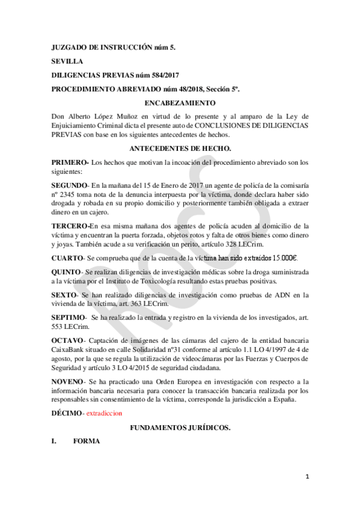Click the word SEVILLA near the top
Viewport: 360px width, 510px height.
pos(67,61)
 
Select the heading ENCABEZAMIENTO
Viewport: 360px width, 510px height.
pos(180,103)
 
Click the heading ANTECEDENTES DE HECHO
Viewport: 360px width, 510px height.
pos(180,148)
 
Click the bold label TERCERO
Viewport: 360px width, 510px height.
pos(70,226)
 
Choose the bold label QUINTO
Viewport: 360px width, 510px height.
pos(67,272)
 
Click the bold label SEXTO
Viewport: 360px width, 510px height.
pos(64,295)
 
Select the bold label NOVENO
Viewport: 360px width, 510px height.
pos(68,381)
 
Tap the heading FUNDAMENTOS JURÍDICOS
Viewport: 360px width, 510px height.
pos(180,427)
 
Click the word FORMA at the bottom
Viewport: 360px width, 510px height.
pos(85,441)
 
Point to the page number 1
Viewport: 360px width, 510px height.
pos(307,477)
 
